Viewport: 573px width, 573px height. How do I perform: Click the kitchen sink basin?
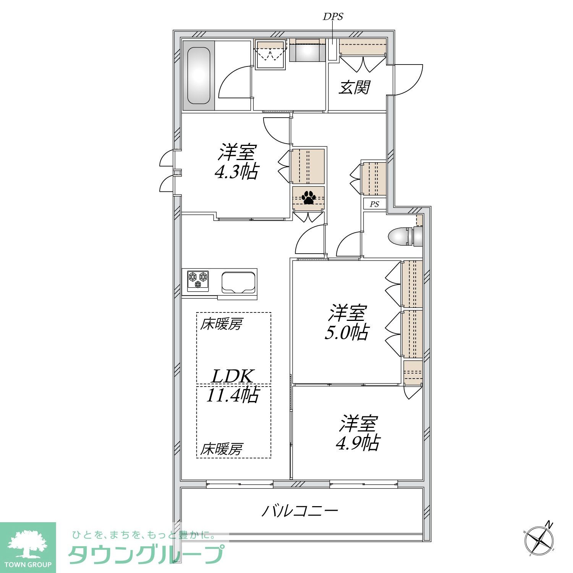(x=239, y=282)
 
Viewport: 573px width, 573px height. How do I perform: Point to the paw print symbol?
(x=308, y=197)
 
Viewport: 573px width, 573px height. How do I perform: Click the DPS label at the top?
(x=333, y=16)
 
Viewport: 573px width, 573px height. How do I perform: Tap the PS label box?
(x=374, y=204)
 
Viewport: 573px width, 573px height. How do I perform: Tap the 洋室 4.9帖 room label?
(x=358, y=433)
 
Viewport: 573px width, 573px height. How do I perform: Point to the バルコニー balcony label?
(x=300, y=511)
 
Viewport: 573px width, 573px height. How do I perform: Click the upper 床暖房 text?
(x=222, y=325)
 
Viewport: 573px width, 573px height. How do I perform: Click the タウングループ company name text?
(x=146, y=554)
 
